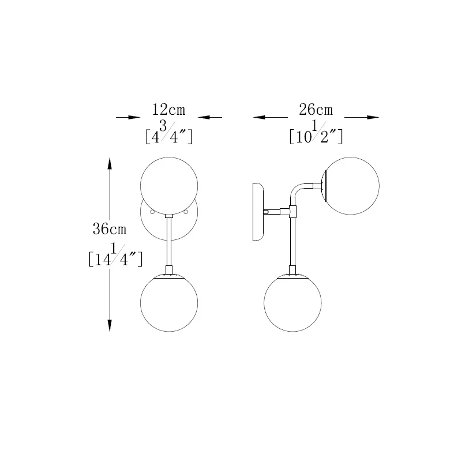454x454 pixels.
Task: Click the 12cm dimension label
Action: click(x=168, y=110)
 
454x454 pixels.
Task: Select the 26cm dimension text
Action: click(x=316, y=110)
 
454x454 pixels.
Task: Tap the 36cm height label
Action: click(x=110, y=229)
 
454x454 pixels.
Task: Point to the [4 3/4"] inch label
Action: click(x=169, y=133)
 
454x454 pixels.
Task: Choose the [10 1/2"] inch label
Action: click(x=316, y=133)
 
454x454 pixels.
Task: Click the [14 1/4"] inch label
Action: click(x=115, y=255)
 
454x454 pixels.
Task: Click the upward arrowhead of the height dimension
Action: click(x=110, y=164)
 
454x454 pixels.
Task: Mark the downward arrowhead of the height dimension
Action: click(x=110, y=325)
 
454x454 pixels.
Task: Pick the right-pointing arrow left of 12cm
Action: click(x=128, y=117)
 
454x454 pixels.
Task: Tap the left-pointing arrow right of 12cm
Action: click(x=210, y=117)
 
